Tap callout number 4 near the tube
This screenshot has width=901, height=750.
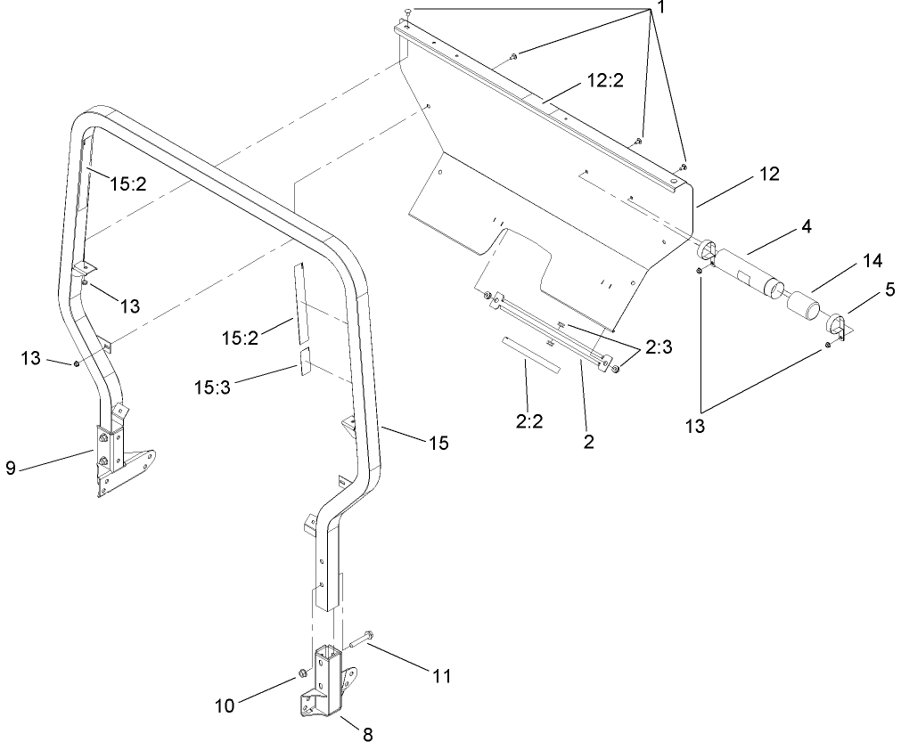[806, 226]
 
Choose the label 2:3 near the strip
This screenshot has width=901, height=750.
[661, 347]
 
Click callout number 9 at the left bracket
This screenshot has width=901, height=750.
[11, 469]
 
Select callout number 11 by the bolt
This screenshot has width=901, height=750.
[441, 677]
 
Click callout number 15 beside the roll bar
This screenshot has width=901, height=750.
[438, 442]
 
